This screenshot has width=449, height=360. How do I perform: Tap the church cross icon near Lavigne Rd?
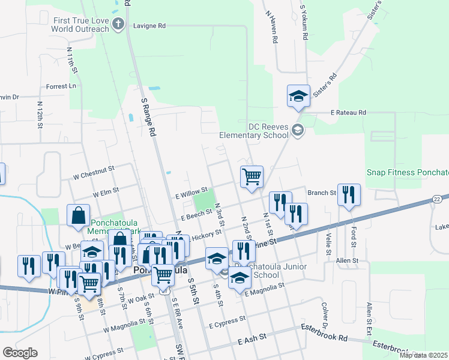tap(118, 25)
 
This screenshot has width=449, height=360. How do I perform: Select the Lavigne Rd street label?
tap(149, 26)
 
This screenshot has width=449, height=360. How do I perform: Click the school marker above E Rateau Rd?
tap(298, 96)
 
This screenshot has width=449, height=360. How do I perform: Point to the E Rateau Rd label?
tap(348, 112)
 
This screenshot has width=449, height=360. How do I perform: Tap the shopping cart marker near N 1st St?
tap(252, 176)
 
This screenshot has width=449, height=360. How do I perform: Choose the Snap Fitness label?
tap(408, 172)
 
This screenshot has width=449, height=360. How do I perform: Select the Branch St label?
tap(322, 193)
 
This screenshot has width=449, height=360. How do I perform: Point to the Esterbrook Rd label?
tap(324, 329)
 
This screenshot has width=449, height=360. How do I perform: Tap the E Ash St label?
tap(251, 341)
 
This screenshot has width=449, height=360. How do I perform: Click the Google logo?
tap(19, 353)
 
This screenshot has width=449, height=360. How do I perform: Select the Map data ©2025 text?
tap(423, 355)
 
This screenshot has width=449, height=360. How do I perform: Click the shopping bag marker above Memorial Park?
tap(78, 216)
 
